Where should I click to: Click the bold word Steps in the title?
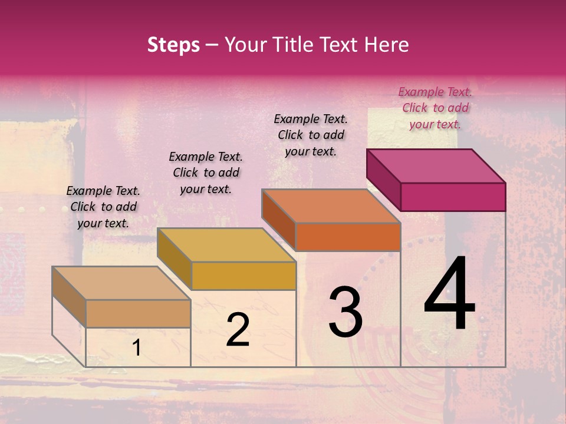173,45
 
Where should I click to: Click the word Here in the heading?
387,45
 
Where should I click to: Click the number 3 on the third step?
345,312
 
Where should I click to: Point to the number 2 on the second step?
238,330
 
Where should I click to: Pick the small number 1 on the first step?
136,348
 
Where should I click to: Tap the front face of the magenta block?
453,197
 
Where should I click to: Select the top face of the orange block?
331,206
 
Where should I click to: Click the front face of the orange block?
348,237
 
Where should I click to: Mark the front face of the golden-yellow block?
243,276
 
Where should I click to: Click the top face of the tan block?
121,283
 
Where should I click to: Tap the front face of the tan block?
137,313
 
